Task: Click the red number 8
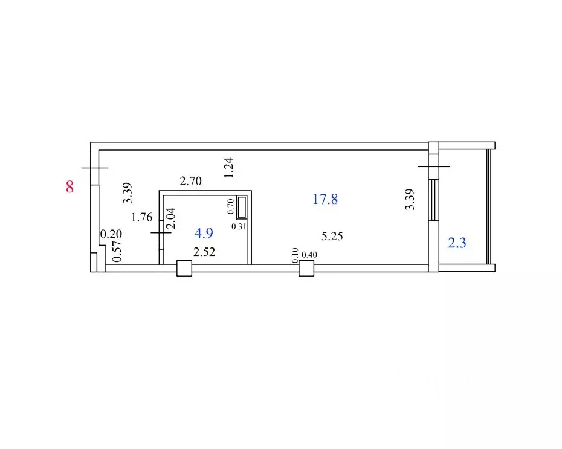69,186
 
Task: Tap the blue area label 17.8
325,199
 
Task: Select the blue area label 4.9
204,234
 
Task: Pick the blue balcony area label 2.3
457,243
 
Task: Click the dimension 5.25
332,236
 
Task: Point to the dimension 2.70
191,181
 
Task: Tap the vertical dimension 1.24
228,168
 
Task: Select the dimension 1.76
141,217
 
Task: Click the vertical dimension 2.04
170,218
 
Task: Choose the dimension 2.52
204,252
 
